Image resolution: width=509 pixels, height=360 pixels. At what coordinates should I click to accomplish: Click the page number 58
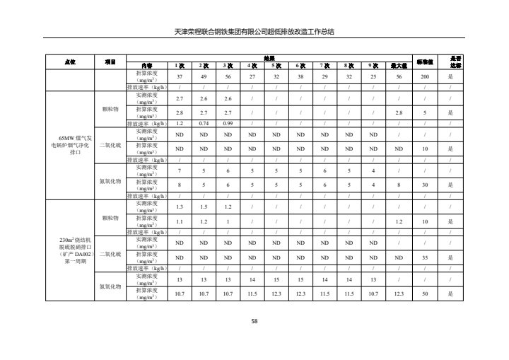pos(255,322)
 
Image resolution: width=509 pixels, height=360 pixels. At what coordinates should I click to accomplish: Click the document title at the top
pos(254,32)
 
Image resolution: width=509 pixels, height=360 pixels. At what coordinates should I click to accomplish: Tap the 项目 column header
pos(110,61)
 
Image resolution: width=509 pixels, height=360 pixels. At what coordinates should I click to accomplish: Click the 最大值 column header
pos(398,64)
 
